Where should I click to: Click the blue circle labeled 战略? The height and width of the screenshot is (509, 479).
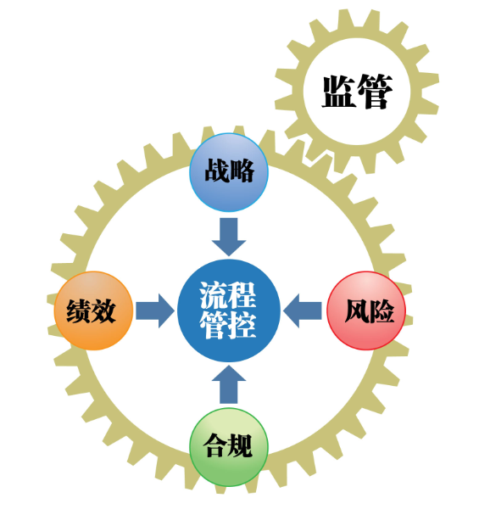tap(229, 172)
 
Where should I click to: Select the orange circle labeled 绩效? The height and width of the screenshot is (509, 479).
tap(93, 310)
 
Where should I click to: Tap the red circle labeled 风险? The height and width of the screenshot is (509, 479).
tap(366, 310)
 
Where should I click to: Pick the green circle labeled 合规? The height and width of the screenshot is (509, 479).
tap(229, 447)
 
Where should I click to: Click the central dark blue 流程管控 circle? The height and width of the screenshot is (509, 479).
tap(229, 310)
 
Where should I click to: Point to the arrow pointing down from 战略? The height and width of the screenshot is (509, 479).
tap(229, 237)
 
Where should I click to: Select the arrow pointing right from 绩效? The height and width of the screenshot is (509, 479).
tap(155, 310)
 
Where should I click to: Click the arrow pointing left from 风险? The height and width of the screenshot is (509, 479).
tap(303, 310)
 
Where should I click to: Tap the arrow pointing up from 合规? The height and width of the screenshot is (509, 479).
tap(229, 384)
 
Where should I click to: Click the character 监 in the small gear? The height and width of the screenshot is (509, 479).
tap(338, 92)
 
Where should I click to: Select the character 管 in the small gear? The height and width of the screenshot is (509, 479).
tap(376, 92)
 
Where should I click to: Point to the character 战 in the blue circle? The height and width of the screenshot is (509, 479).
tap(216, 171)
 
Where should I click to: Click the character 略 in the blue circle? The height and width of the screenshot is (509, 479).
tap(242, 171)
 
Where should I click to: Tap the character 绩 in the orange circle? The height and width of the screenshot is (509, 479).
tap(79, 311)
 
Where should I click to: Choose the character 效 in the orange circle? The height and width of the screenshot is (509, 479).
tap(103, 311)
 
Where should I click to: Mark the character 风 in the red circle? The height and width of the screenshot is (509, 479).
tap(357, 311)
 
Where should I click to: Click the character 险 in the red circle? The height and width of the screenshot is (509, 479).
tap(382, 311)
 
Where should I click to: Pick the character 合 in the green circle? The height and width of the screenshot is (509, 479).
tap(214, 445)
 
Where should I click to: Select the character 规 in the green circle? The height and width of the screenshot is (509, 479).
tap(240, 445)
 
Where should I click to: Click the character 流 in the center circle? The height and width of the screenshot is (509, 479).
tap(213, 295)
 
